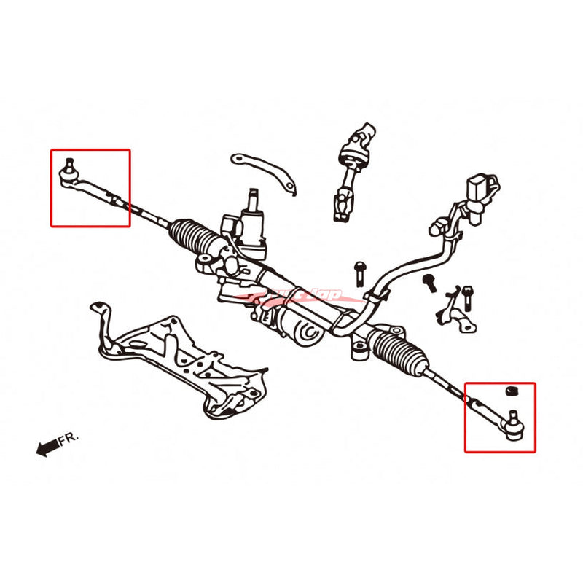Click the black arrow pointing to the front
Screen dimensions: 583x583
[x=47, y=447]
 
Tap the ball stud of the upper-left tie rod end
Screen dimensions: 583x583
[x=69, y=161]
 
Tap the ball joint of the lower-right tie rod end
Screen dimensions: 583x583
[x=513, y=425]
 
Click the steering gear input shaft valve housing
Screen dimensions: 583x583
[x=253, y=222]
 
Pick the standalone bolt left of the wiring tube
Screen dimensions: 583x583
[x=360, y=273]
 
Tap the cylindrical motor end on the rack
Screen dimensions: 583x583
[x=307, y=330]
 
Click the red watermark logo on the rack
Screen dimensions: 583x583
[x=306, y=295]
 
